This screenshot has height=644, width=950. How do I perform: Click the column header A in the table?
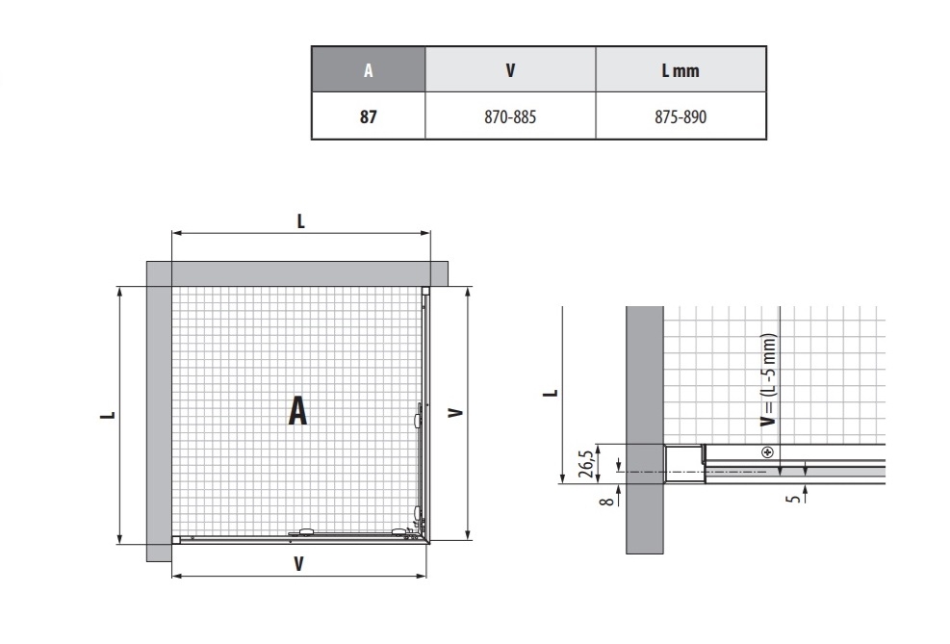tap(369, 70)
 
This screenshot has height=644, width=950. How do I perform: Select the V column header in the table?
tap(510, 70)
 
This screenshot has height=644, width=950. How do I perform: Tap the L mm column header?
tap(680, 71)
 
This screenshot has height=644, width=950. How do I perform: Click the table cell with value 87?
tap(369, 116)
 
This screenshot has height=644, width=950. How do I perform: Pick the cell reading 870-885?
tap(510, 116)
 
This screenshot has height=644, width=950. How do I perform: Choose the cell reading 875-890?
tap(680, 116)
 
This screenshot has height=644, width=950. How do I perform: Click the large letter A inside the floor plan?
tap(297, 411)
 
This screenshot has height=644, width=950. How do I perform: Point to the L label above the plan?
tap(301, 221)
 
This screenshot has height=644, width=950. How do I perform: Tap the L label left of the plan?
tap(108, 415)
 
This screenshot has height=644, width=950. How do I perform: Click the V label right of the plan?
tap(455, 413)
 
